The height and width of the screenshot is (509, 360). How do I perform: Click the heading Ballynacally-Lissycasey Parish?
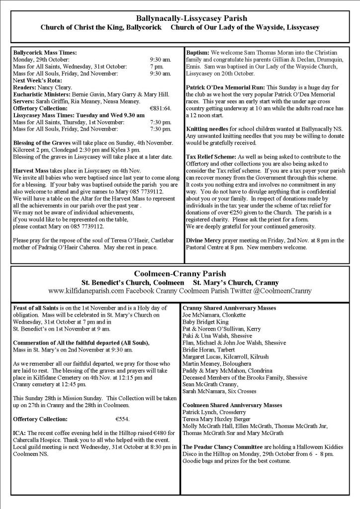(180, 19)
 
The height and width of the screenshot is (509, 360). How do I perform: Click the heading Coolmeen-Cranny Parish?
(180, 274)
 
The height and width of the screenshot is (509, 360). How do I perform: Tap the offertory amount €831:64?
(160, 108)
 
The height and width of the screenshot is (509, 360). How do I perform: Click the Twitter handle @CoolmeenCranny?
(283, 290)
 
